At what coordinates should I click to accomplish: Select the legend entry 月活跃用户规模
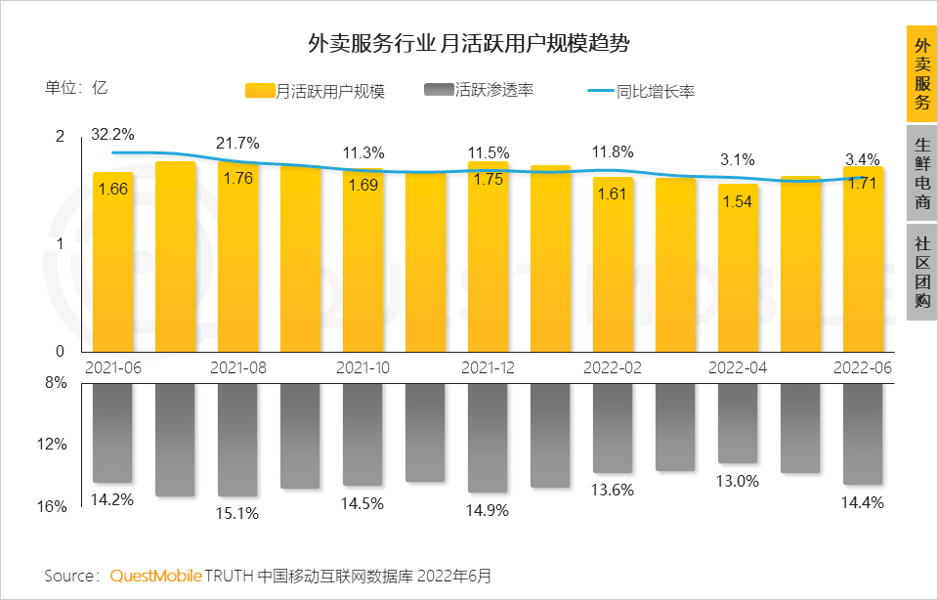pos(315,91)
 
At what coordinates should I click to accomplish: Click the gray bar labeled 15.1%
pos(237,440)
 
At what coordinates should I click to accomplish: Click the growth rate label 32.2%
pos(112,134)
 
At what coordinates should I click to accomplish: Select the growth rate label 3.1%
pos(737,158)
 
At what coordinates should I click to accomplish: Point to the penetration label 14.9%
pos(487,511)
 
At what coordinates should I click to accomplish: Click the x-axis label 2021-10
pos(362,367)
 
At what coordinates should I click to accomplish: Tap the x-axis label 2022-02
pos(613,367)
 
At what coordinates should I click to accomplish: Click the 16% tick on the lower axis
pos(55,506)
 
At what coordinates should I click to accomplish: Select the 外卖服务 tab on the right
pos(921,74)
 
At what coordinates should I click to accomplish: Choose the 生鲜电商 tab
pos(921,172)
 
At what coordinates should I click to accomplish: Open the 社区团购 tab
pos(921,271)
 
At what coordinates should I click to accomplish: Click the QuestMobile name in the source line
pos(155,576)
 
